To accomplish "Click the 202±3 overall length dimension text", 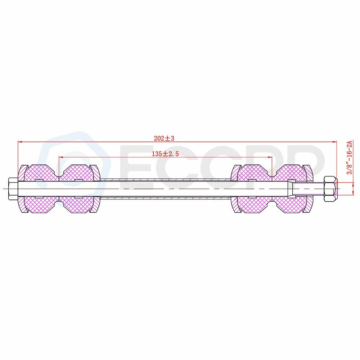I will (x=164, y=138).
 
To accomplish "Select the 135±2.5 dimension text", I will (x=165, y=154).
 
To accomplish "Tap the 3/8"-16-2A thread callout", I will (x=349, y=158).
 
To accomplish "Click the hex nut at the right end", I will (x=331, y=189).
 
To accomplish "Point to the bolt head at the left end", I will (x=12, y=189).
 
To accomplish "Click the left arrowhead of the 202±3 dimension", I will (x=20, y=142).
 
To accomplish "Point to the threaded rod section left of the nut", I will (x=308, y=189).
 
